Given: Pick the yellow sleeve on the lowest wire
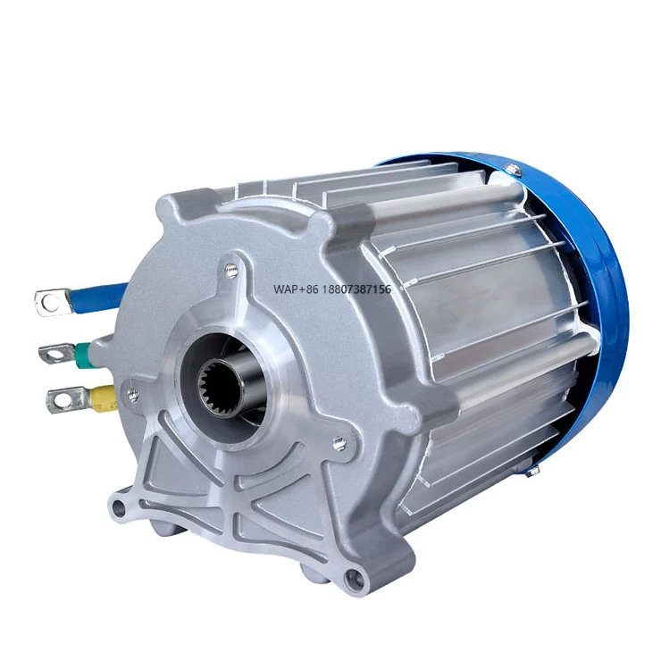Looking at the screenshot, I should coord(103,397).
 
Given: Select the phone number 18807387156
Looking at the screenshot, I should coord(357,289).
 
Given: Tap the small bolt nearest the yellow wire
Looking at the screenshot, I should coord(133,394).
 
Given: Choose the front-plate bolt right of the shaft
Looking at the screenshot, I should coord(339,440).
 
